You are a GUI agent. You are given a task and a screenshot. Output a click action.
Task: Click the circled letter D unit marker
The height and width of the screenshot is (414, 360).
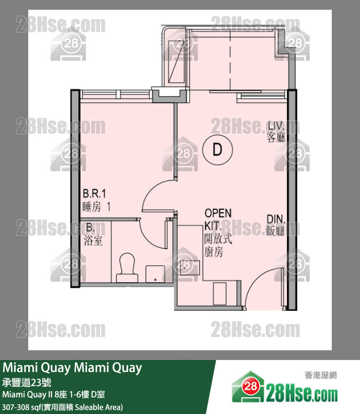[217, 149]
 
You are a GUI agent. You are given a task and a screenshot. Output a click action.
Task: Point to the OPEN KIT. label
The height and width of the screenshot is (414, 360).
[217, 219]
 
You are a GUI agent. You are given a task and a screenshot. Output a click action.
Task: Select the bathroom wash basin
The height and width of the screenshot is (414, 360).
[155, 273]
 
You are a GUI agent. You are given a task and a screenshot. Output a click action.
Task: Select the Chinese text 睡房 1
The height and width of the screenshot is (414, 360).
[97, 206]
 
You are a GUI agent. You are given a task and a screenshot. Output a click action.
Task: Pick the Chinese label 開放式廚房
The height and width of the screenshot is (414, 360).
[214, 245]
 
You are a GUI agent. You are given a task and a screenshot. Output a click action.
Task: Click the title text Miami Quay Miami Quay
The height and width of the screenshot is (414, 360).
[73, 368]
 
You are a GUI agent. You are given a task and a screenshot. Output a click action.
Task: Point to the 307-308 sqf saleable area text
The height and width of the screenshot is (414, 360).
[63, 406]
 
